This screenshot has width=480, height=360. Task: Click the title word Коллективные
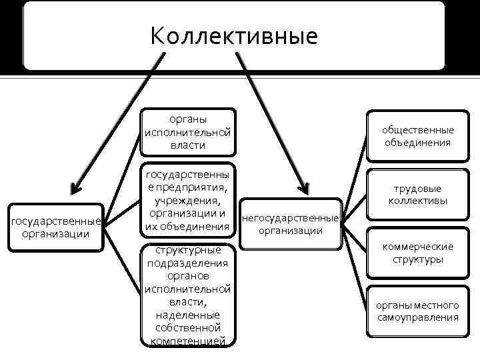pyautogui.click(x=234, y=35)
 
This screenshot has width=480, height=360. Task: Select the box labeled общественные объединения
pyautogui.click(x=417, y=135)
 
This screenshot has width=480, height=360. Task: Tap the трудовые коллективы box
pyautogui.click(x=417, y=194)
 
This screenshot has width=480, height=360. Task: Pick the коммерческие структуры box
pyautogui.click(x=417, y=253)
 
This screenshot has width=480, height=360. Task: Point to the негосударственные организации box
pyautogui.click(x=290, y=224)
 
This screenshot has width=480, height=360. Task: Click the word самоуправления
pyautogui.click(x=417, y=317)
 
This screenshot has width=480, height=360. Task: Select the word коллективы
pyautogui.click(x=417, y=201)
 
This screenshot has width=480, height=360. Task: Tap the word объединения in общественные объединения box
pyautogui.click(x=417, y=142)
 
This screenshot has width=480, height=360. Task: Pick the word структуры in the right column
pyautogui.click(x=417, y=259)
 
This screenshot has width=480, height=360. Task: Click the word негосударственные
pyautogui.click(x=290, y=218)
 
